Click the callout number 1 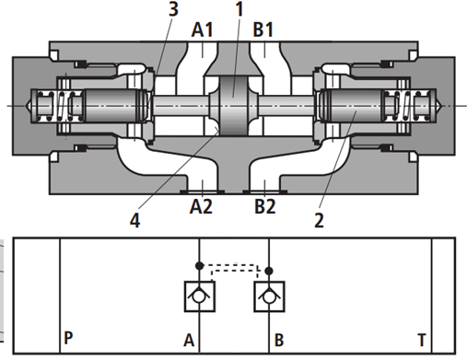coord(239,9)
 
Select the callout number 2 coord(319,220)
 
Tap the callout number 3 coord(173,9)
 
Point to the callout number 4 coord(135,220)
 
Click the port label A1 coord(202,30)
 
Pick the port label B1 coord(263,30)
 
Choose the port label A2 coord(201,206)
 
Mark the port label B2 coord(265,206)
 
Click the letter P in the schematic coord(68,338)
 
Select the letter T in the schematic coord(422,340)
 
